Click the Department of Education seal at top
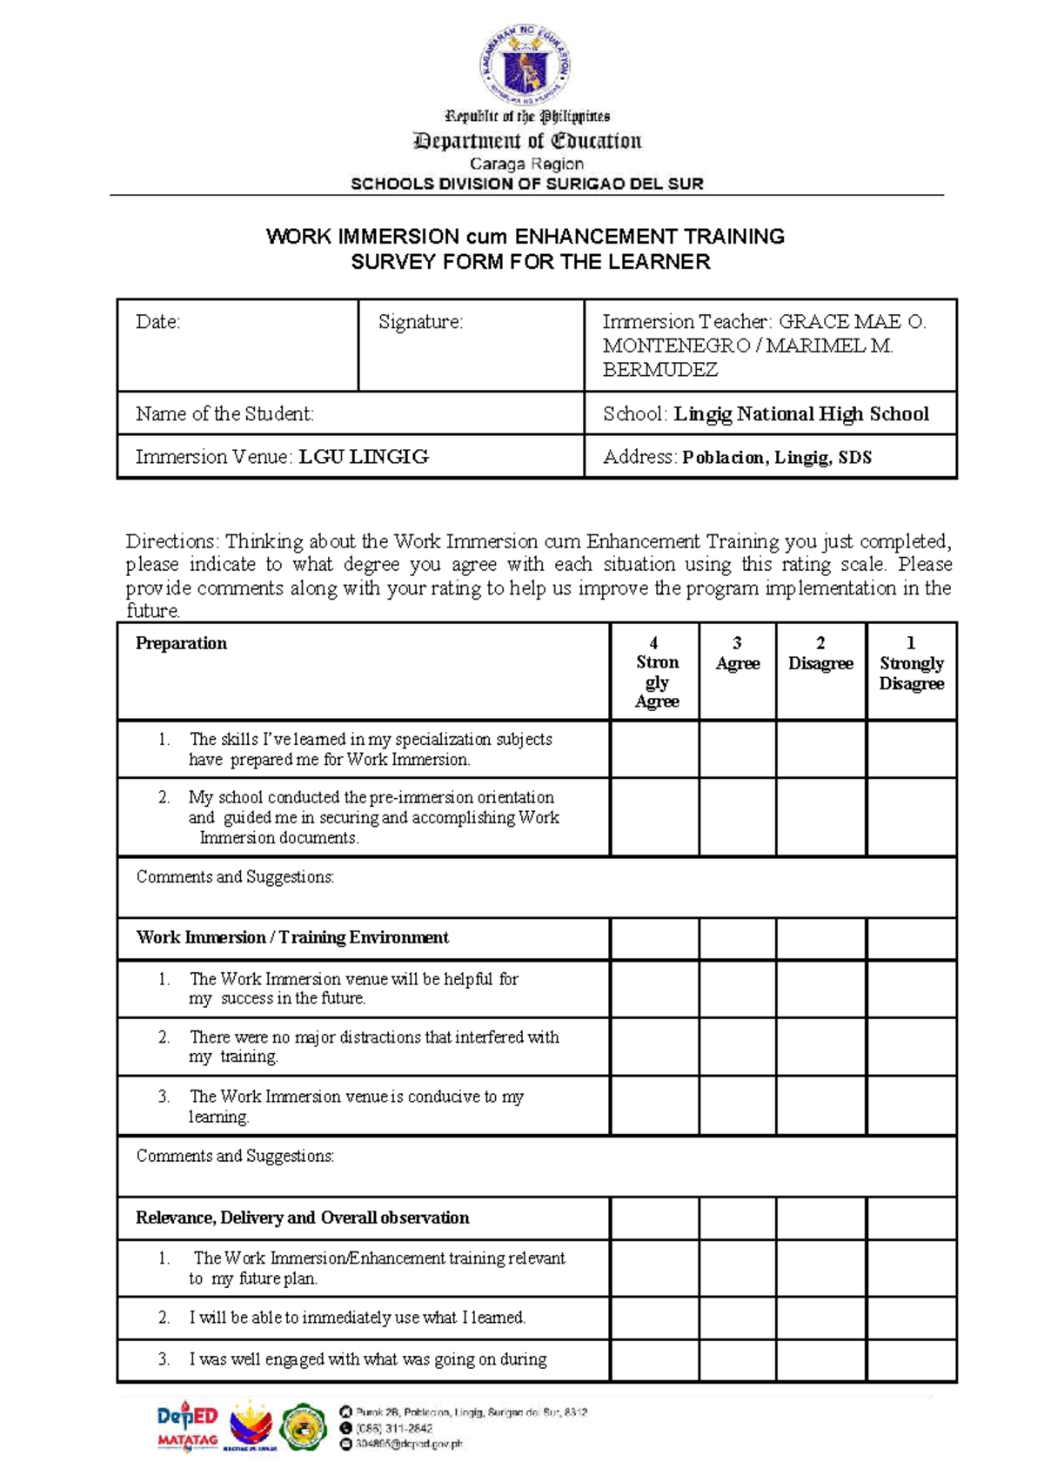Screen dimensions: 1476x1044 pyautogui.click(x=525, y=64)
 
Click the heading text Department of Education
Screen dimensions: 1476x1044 pyautogui.click(x=527, y=141)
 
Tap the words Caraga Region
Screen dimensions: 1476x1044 pyautogui.click(x=526, y=164)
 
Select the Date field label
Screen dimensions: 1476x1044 pyautogui.click(x=157, y=322)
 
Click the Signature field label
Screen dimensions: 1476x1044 pyautogui.click(x=420, y=322)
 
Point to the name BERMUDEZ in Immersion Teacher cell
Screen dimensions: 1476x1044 pyautogui.click(x=659, y=370)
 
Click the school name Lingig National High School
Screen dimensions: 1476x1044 pyautogui.click(x=800, y=414)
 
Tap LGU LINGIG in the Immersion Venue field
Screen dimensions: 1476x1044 pyautogui.click(x=364, y=457)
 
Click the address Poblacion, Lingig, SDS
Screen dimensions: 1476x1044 pyautogui.click(x=776, y=458)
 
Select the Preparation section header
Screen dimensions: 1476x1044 pyautogui.click(x=181, y=643)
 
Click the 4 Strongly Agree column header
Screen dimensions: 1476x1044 pyautogui.click(x=656, y=672)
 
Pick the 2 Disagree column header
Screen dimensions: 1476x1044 pyautogui.click(x=820, y=654)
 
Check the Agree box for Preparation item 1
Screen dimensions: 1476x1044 pyautogui.click(x=737, y=749)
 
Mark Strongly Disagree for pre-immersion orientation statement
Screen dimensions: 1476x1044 pyautogui.click(x=911, y=817)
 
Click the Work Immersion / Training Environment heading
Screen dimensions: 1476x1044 pyautogui.click(x=292, y=937)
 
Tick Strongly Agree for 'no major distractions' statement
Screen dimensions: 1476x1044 pyautogui.click(x=655, y=1047)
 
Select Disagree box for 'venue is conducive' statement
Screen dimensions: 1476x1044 pyautogui.click(x=820, y=1106)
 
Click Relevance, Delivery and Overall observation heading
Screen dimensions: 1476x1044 pyautogui.click(x=302, y=1218)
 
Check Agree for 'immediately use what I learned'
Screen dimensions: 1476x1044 pyautogui.click(x=737, y=1318)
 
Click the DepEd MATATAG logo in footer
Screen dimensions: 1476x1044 pyautogui.click(x=187, y=1427)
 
